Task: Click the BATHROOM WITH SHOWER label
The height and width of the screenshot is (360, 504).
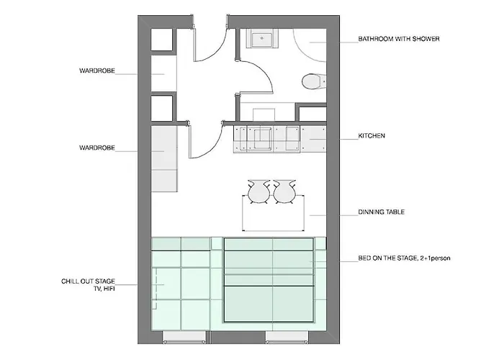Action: pyautogui.click(x=399, y=39)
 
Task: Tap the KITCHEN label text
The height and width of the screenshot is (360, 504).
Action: pyautogui.click(x=372, y=136)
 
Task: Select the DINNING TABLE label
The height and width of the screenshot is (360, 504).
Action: pyautogui.click(x=381, y=212)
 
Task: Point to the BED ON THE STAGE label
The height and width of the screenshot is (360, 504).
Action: pyautogui.click(x=404, y=258)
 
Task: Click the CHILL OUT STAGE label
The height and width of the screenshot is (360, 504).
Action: pyautogui.click(x=88, y=282)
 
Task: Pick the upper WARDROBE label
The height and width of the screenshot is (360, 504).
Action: pyautogui.click(x=97, y=71)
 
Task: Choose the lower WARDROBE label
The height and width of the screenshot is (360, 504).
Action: pyautogui.click(x=97, y=148)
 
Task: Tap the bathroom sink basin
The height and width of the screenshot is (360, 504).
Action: pyautogui.click(x=262, y=39)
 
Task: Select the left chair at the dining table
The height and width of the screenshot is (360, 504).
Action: pyautogui.click(x=258, y=192)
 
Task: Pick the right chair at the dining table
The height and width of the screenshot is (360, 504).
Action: pyautogui.click(x=284, y=192)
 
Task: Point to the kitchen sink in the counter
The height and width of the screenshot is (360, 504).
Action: pyautogui.click(x=262, y=138)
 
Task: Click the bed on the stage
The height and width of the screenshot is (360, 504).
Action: pyautogui.click(x=269, y=280)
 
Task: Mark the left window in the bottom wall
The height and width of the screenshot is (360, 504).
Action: pyautogui.click(x=184, y=337)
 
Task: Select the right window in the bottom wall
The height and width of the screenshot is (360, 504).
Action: pyautogui.click(x=287, y=337)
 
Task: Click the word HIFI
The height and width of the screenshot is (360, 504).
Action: pyautogui.click(x=109, y=289)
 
